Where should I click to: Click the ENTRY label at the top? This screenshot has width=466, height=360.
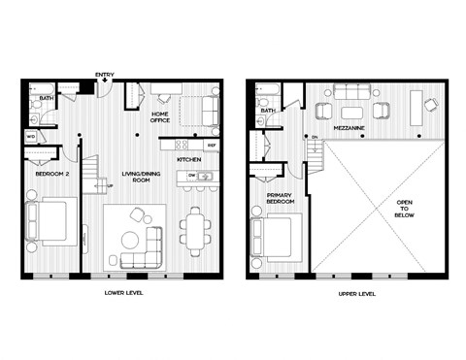tap(104, 75)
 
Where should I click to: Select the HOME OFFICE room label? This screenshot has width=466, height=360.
tap(160, 117)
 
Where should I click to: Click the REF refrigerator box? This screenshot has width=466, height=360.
tap(212, 146)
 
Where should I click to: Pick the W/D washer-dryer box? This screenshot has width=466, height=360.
tap(31, 137)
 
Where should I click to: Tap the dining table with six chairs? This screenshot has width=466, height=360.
tap(195, 229)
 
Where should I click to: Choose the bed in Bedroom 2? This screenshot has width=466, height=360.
tap(51, 219)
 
